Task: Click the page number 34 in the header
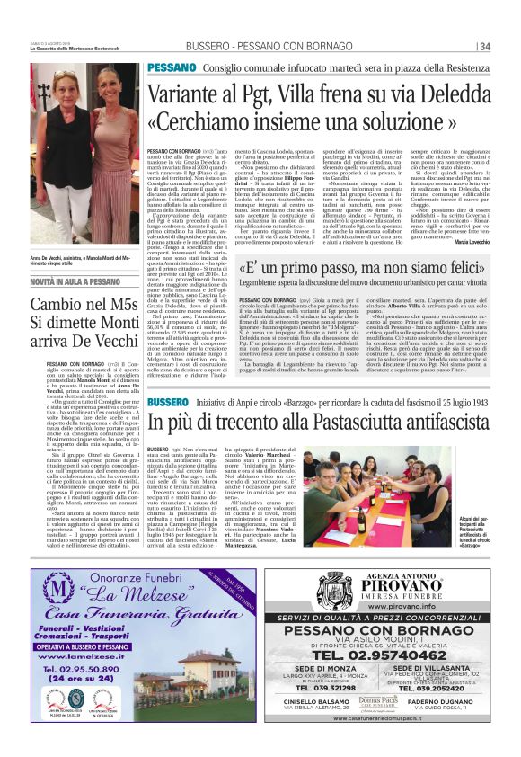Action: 484,47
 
